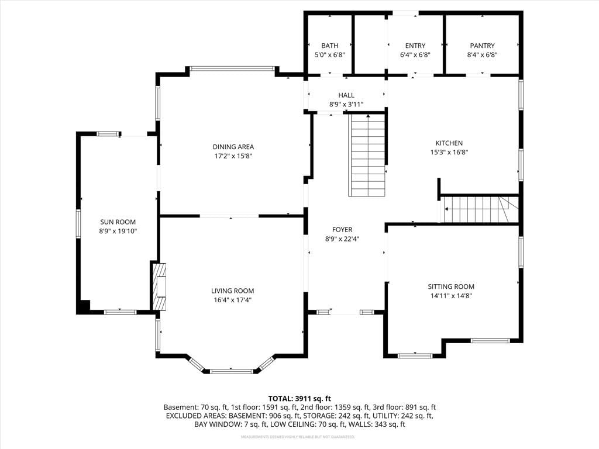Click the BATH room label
point(330,46)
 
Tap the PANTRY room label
point(482,46)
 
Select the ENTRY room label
point(415,46)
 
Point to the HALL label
point(346,95)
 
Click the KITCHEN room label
point(449,143)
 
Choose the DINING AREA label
point(233,147)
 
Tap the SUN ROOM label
point(118,222)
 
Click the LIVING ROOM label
point(233,291)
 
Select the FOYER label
point(342,229)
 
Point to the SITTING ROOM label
point(451,286)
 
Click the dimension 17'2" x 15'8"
point(233,156)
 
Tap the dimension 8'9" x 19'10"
point(118,231)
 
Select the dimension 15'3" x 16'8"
point(449,153)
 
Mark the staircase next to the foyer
point(367,156)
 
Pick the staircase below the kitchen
point(480,209)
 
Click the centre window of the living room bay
point(232,371)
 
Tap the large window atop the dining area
point(232,69)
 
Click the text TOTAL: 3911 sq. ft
point(299,399)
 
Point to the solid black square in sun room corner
point(83,306)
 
